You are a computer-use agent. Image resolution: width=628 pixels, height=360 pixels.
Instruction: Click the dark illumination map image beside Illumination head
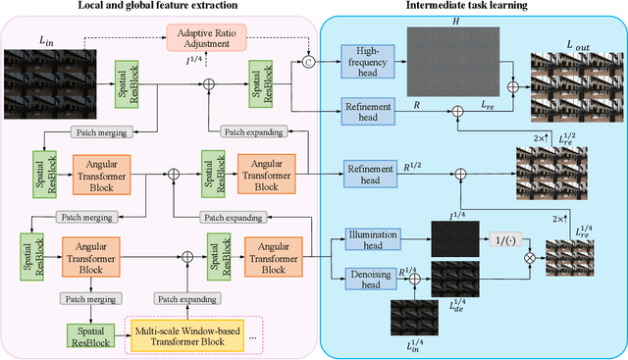coord(455,238)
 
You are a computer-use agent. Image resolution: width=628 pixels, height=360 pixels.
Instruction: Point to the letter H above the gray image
coord(455,19)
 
